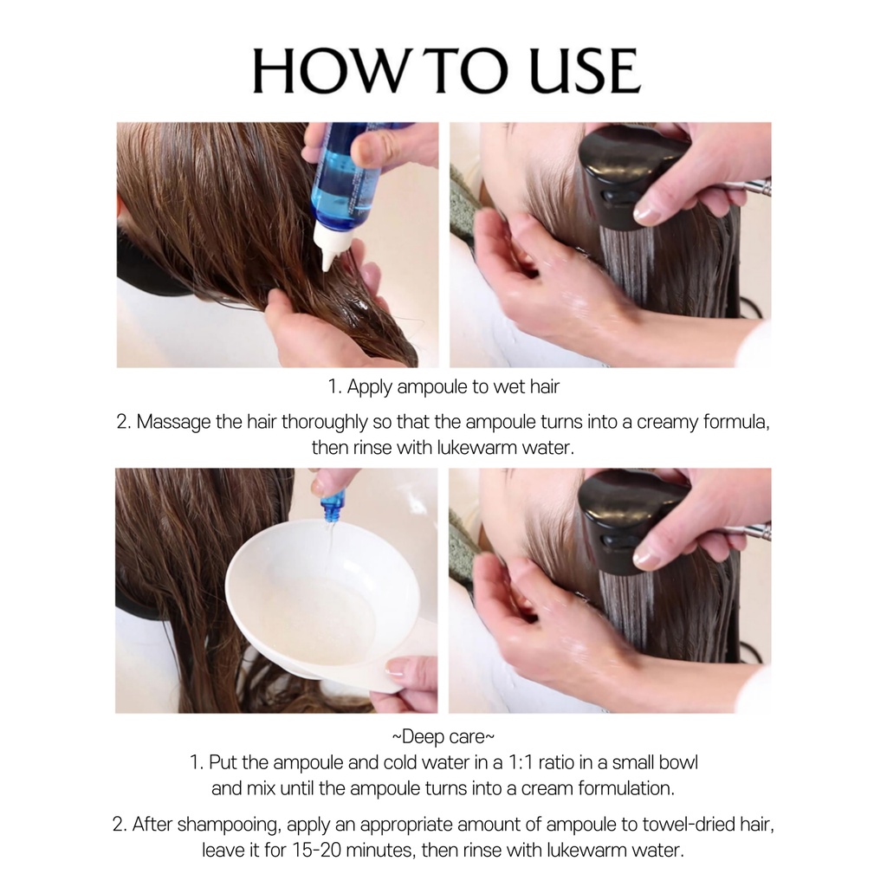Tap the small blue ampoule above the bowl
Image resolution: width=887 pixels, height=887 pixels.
pyautogui.click(x=332, y=507)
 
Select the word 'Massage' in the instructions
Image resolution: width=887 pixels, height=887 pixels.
pyautogui.click(x=173, y=423)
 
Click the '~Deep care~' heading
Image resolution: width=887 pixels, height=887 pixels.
pyautogui.click(x=443, y=737)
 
